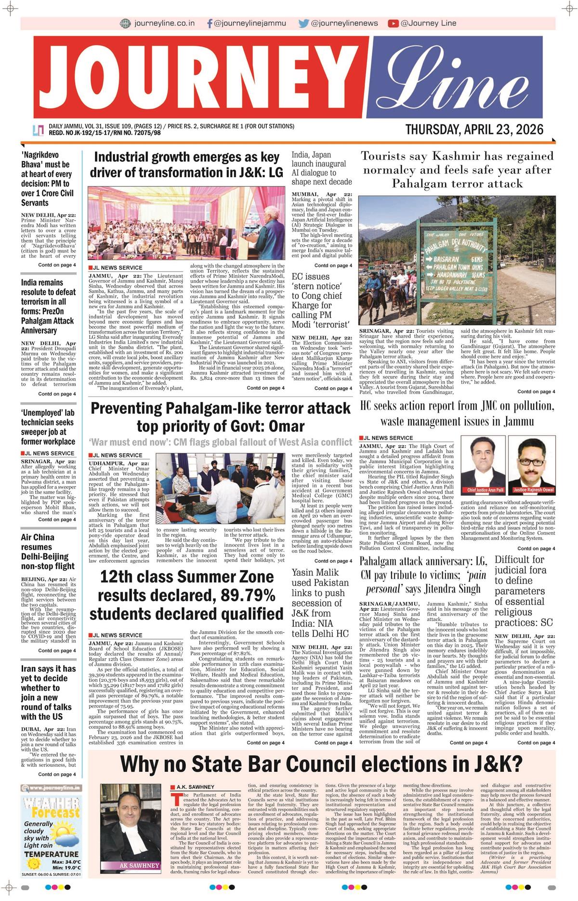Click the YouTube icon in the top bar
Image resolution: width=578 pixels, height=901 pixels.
[x=393, y=23]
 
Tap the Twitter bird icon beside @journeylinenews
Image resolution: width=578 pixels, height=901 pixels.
[x=303, y=23]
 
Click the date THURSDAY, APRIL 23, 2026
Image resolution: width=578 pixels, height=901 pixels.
[x=474, y=130]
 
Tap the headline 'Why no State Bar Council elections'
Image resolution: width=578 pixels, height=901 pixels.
[x=321, y=764]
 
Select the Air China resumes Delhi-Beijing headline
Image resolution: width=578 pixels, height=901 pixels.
[x=48, y=552]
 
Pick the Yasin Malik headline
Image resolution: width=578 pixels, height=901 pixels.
[x=320, y=603]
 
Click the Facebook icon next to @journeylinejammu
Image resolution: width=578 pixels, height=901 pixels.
[x=210, y=23]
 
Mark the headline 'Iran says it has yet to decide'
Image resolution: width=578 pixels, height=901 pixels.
[x=48, y=692]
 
